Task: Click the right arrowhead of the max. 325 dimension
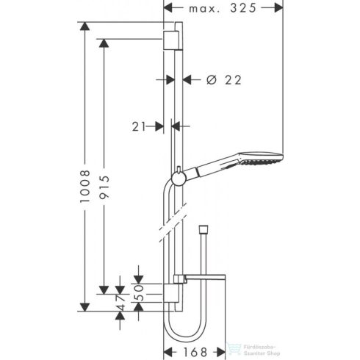279,9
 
